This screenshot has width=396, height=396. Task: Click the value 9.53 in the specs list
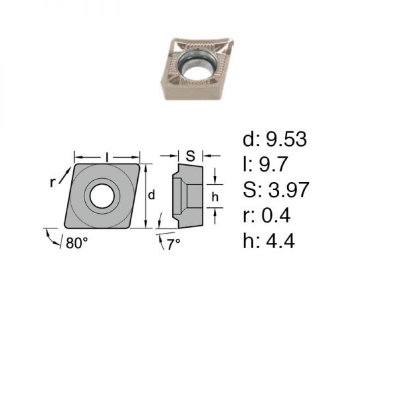286,139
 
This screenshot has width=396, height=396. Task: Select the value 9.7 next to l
273,164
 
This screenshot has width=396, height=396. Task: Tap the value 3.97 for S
288,189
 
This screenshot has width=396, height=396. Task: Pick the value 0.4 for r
276,215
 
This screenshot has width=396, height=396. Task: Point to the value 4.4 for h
280,241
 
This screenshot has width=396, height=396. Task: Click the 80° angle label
77,243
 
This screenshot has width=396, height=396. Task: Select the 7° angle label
174,244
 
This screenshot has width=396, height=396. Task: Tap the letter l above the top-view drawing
107,157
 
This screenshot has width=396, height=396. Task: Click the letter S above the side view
191,156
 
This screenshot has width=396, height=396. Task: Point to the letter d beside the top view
151,195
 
